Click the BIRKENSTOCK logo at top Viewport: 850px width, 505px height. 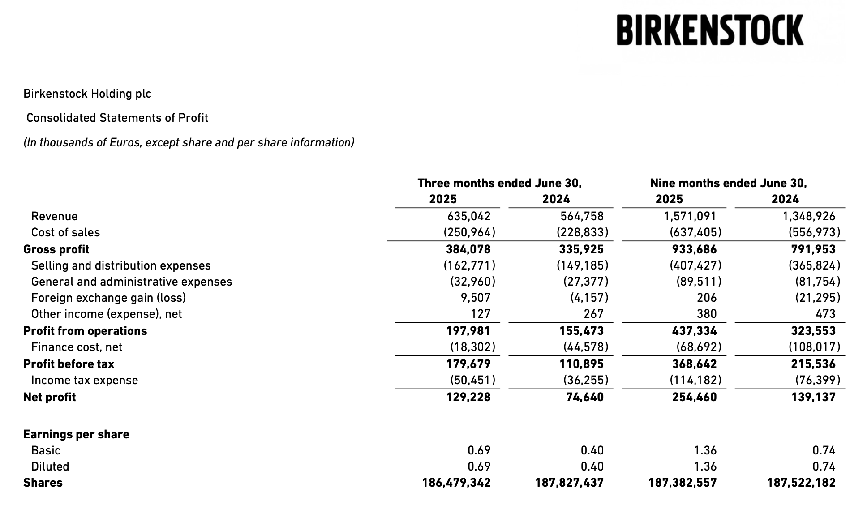point(710,30)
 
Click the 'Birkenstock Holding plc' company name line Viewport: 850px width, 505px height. point(87,94)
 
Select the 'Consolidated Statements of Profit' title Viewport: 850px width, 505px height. point(117,118)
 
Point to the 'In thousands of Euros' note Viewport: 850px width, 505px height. point(189,142)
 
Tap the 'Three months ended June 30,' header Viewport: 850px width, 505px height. point(499,183)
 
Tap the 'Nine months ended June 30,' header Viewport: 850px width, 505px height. point(728,183)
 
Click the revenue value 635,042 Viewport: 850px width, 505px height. point(469,216)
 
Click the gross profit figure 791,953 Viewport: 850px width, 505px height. point(813,249)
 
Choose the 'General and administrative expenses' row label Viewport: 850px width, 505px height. point(132,282)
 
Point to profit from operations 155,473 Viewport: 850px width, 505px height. point(581,331)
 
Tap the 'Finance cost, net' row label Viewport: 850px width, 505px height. point(77,347)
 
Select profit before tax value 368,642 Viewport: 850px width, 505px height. point(694,364)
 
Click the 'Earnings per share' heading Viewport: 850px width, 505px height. point(76,434)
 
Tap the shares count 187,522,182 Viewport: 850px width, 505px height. point(801,483)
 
